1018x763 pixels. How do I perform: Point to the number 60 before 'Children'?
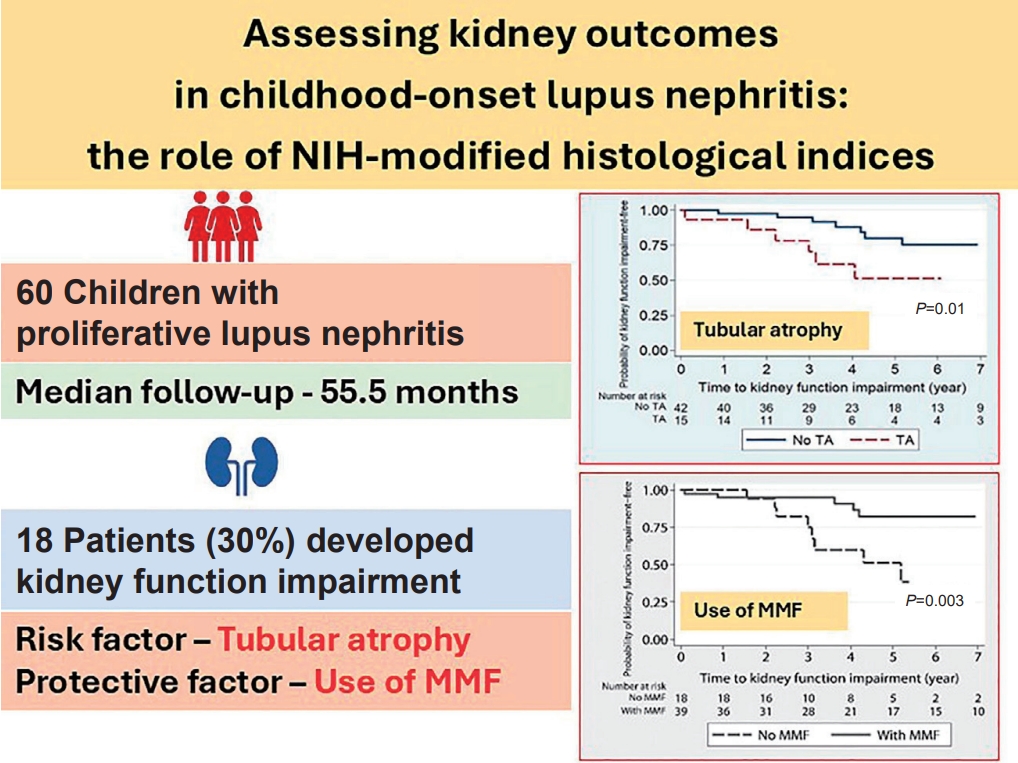click(x=39, y=294)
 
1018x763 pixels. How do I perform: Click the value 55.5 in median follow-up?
click(x=359, y=391)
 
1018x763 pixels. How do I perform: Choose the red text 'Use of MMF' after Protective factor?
click(x=407, y=683)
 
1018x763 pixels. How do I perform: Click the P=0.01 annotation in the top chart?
click(x=940, y=309)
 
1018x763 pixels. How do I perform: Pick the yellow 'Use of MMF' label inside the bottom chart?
click(x=748, y=610)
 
